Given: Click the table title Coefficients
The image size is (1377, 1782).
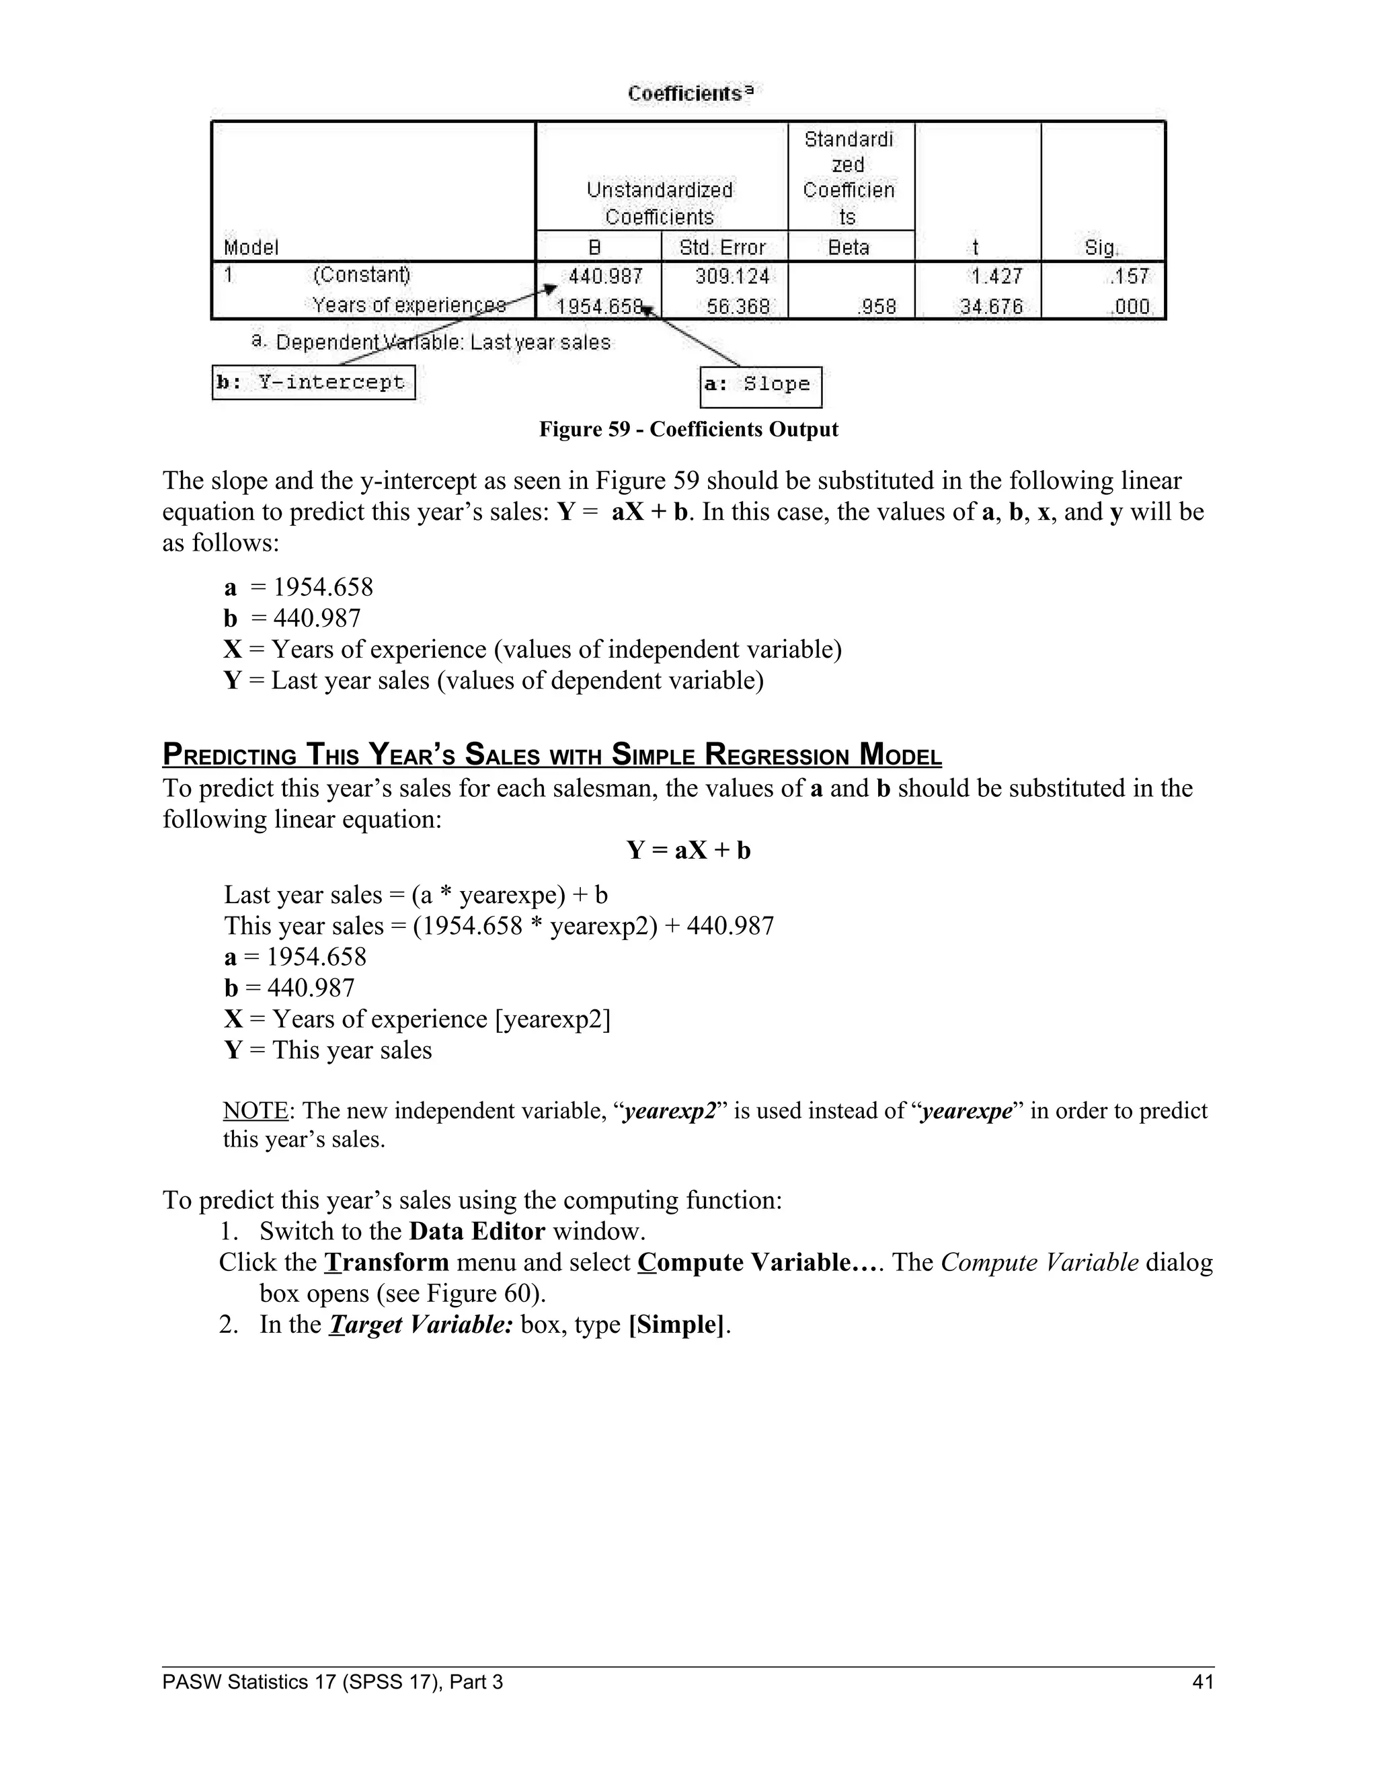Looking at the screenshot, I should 688,94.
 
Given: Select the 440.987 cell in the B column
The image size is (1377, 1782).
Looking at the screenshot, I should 604,276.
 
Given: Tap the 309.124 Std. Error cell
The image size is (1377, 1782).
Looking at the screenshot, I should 731,276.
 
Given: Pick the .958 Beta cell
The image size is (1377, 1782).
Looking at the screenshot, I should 877,307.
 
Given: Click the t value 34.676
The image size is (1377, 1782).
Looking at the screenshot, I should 990,307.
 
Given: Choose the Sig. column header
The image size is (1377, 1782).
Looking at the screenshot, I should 1101,247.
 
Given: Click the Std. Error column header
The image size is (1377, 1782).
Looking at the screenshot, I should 723,247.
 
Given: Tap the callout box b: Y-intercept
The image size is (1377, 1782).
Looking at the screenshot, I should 313,383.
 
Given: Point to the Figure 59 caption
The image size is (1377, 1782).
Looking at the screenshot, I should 688,429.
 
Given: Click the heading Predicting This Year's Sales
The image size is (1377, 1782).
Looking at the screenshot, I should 551,754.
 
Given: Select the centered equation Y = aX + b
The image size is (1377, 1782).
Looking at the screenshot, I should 688,850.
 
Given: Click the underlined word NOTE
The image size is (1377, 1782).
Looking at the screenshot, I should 255,1110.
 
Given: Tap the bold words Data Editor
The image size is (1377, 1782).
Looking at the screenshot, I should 477,1231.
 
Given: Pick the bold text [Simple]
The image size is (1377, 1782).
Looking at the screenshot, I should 676,1323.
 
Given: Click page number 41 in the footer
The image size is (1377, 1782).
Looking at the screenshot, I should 1202,1681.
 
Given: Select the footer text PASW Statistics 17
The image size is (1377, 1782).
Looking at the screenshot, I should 332,1681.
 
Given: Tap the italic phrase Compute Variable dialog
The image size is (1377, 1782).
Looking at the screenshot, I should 1076,1262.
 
